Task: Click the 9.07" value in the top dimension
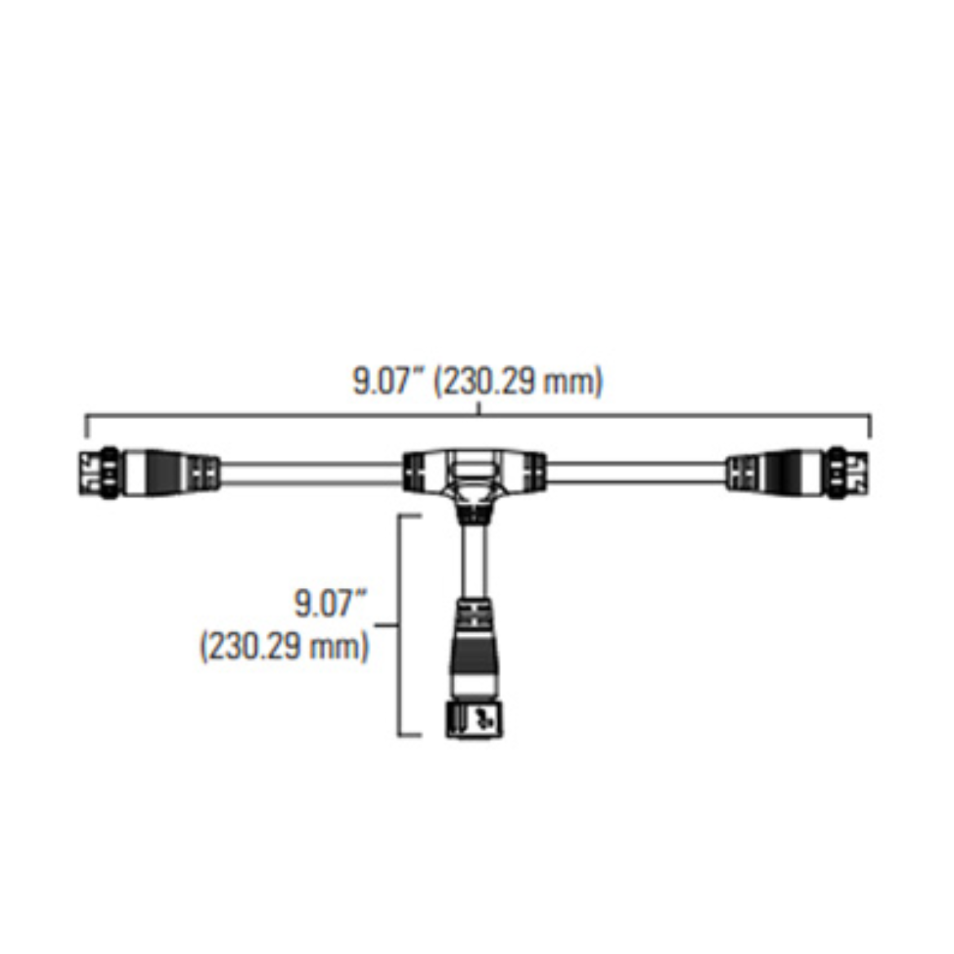click(389, 382)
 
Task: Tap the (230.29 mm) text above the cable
click(518, 382)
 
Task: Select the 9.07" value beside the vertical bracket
click(332, 603)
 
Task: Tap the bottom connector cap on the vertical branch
click(475, 720)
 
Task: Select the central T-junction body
click(474, 478)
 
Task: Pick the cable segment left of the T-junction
click(311, 474)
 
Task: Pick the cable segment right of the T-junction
click(636, 474)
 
